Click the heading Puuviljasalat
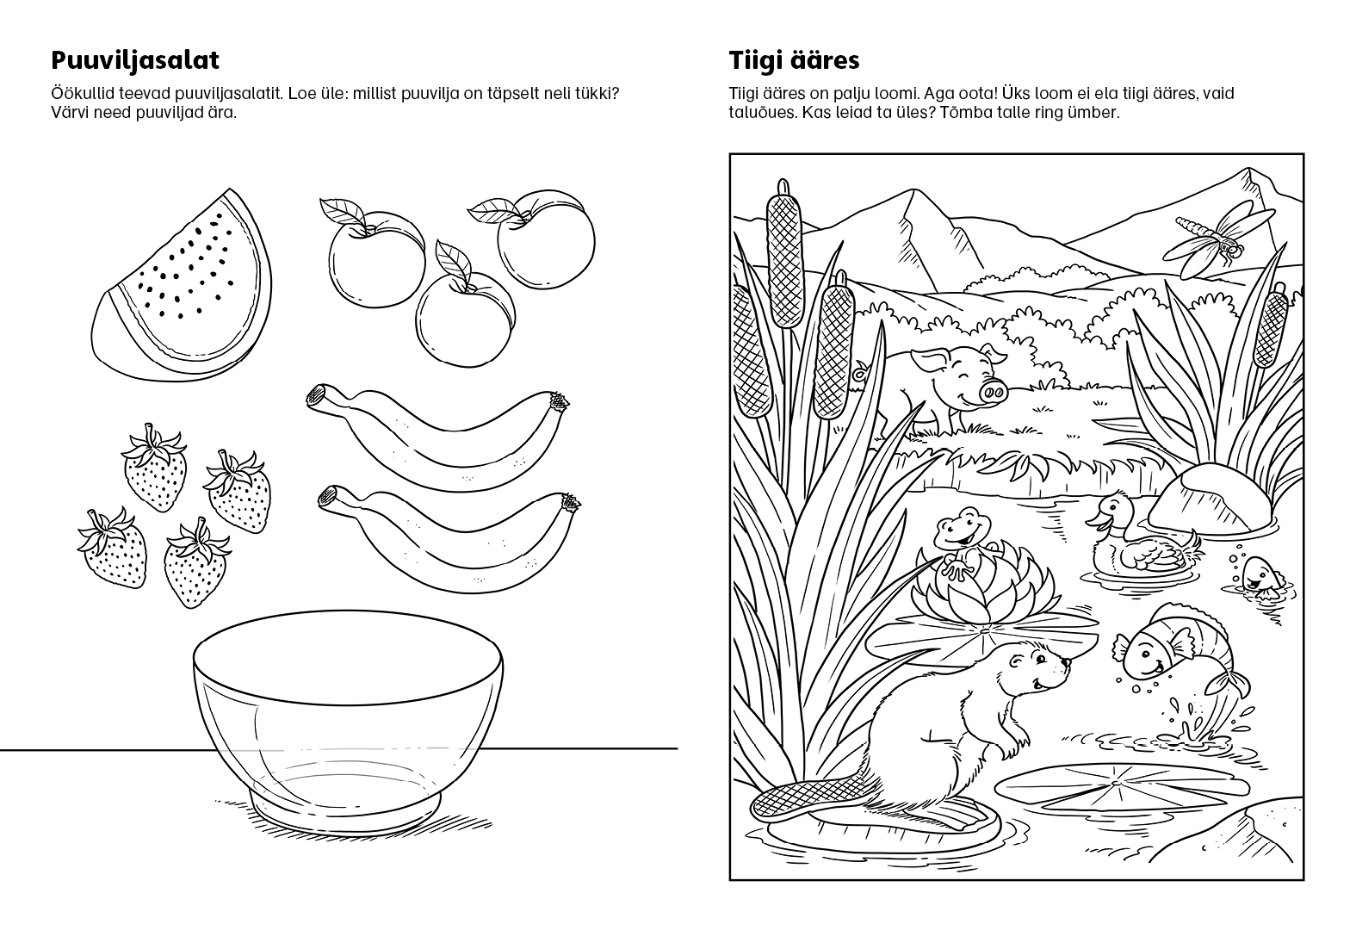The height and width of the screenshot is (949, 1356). click(134, 60)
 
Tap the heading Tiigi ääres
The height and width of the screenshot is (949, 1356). click(794, 60)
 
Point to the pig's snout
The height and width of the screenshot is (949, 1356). click(993, 394)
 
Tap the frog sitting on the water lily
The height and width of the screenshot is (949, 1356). click(963, 542)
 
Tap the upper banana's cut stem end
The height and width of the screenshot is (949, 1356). click(317, 395)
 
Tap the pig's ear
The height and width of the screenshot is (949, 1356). click(926, 363)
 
